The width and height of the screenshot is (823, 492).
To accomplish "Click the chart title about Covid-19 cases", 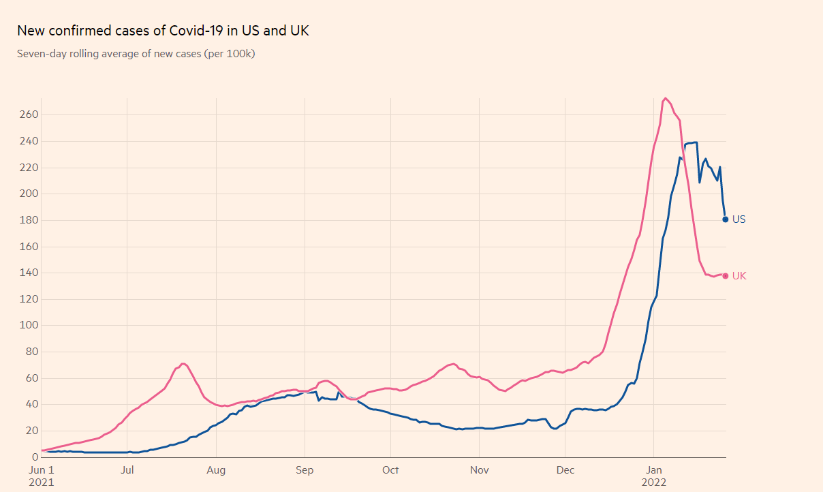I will point(163,31).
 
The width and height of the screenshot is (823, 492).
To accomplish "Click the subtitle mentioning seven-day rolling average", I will point(136,53).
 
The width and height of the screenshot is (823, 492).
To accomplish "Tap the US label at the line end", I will point(739,219).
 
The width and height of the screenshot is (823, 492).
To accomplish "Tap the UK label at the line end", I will point(739,276).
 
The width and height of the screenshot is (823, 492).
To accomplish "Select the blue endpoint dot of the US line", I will point(726,219).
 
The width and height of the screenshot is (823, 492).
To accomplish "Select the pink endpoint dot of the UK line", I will point(726,276).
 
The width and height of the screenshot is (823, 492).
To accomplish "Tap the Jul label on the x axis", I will point(127,470).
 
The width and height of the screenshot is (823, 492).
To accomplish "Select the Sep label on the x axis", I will point(305,470).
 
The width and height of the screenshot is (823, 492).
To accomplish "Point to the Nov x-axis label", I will point(480,470).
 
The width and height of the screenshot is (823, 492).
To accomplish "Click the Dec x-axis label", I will point(565,470).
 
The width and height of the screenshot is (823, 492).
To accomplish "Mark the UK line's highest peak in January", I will point(665,98).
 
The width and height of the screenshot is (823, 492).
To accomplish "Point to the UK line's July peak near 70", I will point(183,364).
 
